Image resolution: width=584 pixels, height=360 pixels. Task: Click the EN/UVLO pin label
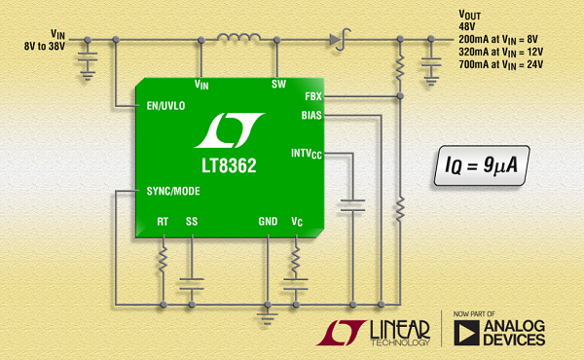165,106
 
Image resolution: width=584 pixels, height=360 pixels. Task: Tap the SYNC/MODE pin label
173,192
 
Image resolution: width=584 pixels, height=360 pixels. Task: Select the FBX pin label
313,96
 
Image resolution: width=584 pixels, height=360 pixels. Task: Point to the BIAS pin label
311,116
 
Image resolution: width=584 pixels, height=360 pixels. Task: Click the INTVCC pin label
307,154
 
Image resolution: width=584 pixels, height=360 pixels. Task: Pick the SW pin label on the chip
278,84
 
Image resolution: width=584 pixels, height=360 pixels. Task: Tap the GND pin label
268,222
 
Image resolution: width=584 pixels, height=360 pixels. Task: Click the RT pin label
163,222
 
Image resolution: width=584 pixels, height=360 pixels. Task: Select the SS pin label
192,222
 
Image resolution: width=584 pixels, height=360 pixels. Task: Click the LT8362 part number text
229,165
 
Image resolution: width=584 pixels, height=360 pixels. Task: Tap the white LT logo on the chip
230,130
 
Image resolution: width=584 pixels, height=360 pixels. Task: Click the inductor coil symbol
238,37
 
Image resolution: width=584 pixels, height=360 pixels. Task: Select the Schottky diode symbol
340,39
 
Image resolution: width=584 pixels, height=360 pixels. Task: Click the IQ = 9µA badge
482,165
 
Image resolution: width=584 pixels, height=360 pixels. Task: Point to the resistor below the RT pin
163,259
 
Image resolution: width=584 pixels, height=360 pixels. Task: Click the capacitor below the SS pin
192,284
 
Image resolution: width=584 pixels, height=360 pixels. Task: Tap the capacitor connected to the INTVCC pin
352,205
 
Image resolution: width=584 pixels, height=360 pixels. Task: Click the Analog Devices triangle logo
466,333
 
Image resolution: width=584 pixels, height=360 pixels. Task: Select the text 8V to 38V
45,46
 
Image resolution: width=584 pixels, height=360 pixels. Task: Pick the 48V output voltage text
467,27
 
